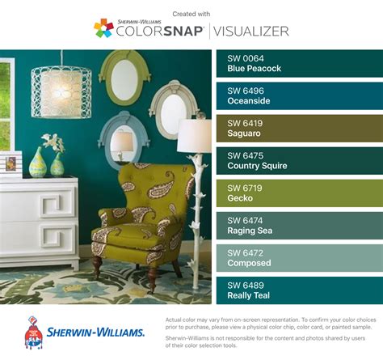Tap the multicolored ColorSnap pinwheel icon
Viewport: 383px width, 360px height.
click(103, 28)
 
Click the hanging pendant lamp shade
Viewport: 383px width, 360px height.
click(61, 90)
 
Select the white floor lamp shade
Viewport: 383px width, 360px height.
click(194, 136)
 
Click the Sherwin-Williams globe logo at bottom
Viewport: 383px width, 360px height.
click(33, 332)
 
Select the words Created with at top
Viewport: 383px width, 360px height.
click(191, 13)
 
